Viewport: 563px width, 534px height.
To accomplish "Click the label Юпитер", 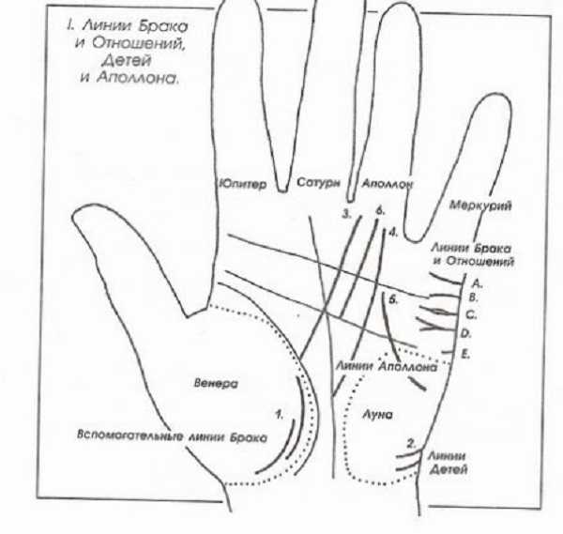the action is tap(243, 184).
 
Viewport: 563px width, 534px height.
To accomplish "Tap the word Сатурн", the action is tap(318, 182).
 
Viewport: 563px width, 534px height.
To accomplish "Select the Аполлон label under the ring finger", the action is tap(387, 184).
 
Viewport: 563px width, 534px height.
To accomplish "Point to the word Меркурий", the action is tap(480, 206).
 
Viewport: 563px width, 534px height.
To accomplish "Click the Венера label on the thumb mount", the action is tap(216, 384).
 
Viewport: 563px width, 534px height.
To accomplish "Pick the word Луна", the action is tap(377, 415).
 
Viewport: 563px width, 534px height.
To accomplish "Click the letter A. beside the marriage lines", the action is tap(477, 283).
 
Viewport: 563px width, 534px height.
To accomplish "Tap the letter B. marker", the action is tap(474, 298).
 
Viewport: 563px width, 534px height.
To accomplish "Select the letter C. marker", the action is tap(471, 315).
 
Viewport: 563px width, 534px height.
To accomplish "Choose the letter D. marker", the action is tap(465, 333).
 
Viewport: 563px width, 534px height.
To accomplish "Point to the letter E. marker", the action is tap(465, 355).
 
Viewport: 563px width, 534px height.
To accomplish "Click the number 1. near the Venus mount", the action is tap(280, 415).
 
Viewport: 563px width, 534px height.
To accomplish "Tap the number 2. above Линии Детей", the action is tap(411, 444).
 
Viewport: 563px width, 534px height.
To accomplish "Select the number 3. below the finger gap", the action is tap(346, 214).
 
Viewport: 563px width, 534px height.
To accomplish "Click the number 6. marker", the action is tap(380, 211).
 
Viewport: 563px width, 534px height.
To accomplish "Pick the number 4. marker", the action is tap(393, 233).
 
